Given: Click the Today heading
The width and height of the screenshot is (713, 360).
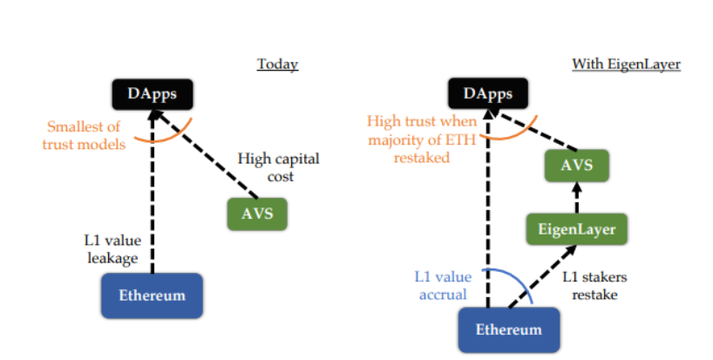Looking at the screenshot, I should pos(277,65).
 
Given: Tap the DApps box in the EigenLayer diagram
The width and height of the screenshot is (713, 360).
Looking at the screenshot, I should pos(487,92).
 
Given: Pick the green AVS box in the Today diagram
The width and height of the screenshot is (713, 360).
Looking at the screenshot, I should pos(256,213).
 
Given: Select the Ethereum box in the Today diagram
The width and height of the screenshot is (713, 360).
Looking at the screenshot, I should pos(153,294).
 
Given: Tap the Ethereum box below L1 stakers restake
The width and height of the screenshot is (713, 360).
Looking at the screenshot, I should pos(508,329).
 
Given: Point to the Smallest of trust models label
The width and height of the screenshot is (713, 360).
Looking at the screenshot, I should pos(83,134).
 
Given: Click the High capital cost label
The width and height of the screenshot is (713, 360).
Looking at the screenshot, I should pos(278,167).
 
